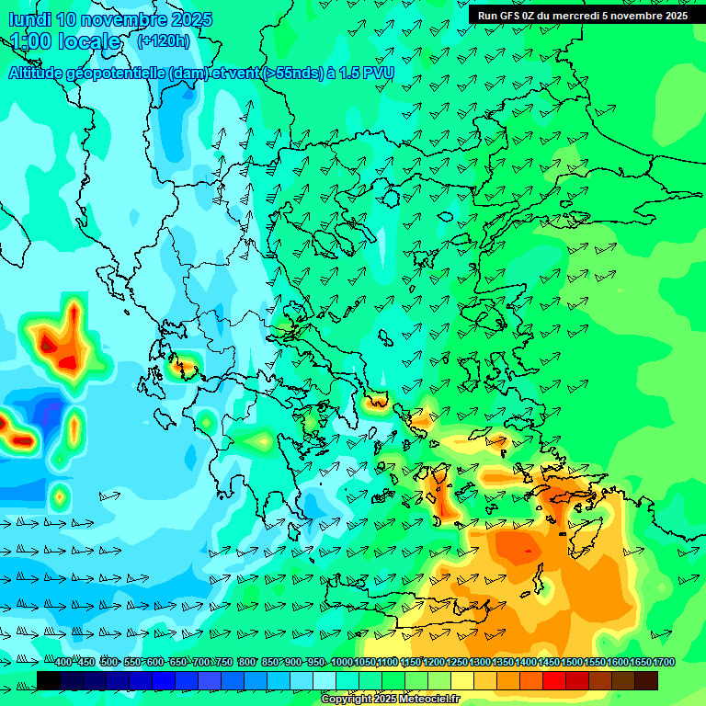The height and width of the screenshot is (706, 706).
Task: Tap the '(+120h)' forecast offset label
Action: point(163,40)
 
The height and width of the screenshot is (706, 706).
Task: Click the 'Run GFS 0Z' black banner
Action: point(582,15)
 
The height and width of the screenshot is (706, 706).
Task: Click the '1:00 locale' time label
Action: point(65,41)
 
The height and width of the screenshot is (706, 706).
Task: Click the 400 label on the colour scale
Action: point(63,662)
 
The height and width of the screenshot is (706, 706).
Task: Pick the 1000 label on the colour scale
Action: point(341,662)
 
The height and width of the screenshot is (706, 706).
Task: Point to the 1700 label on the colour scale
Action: point(664,662)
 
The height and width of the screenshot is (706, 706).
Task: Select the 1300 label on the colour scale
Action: point(480,662)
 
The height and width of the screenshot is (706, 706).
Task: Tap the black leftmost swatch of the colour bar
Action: point(48,680)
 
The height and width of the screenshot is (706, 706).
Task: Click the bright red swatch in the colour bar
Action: point(553,680)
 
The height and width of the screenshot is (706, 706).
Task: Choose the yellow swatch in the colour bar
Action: point(461,680)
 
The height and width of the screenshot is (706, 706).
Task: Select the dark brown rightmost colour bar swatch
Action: point(646,680)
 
